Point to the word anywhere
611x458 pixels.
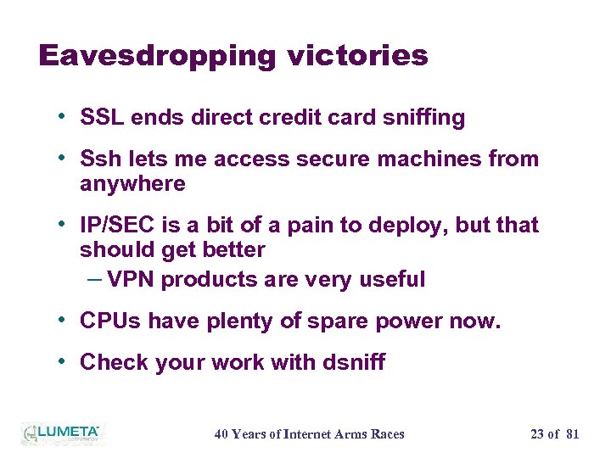[132, 183]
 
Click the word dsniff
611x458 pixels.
[354, 362]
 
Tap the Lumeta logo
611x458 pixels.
[60, 433]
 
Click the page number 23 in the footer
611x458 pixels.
[537, 434]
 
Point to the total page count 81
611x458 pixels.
[572, 434]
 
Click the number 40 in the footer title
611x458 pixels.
[221, 434]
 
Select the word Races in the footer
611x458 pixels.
[387, 434]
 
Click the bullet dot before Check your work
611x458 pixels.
[66, 360]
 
